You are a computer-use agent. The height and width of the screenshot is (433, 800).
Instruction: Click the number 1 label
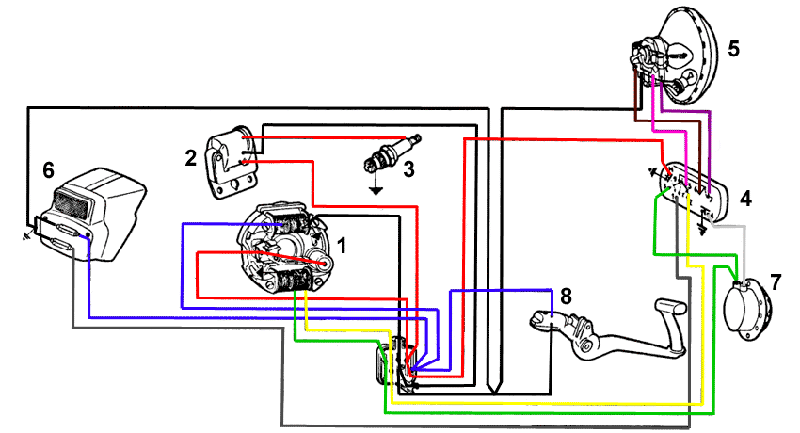tap(343, 246)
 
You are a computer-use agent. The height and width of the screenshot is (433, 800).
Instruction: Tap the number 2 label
tap(191, 157)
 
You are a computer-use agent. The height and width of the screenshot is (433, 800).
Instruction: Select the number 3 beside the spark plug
tap(408, 170)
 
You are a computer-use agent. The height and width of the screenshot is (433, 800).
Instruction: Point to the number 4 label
tap(746, 199)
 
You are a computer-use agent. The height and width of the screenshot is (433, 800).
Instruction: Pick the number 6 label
tap(49, 170)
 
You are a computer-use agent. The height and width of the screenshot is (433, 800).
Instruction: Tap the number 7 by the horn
tap(775, 281)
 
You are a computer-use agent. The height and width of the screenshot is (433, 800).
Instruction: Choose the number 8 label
tap(565, 296)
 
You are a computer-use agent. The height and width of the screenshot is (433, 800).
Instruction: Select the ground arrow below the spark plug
tap(376, 189)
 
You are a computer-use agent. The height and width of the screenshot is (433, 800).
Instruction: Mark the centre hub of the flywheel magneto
tap(323, 265)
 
